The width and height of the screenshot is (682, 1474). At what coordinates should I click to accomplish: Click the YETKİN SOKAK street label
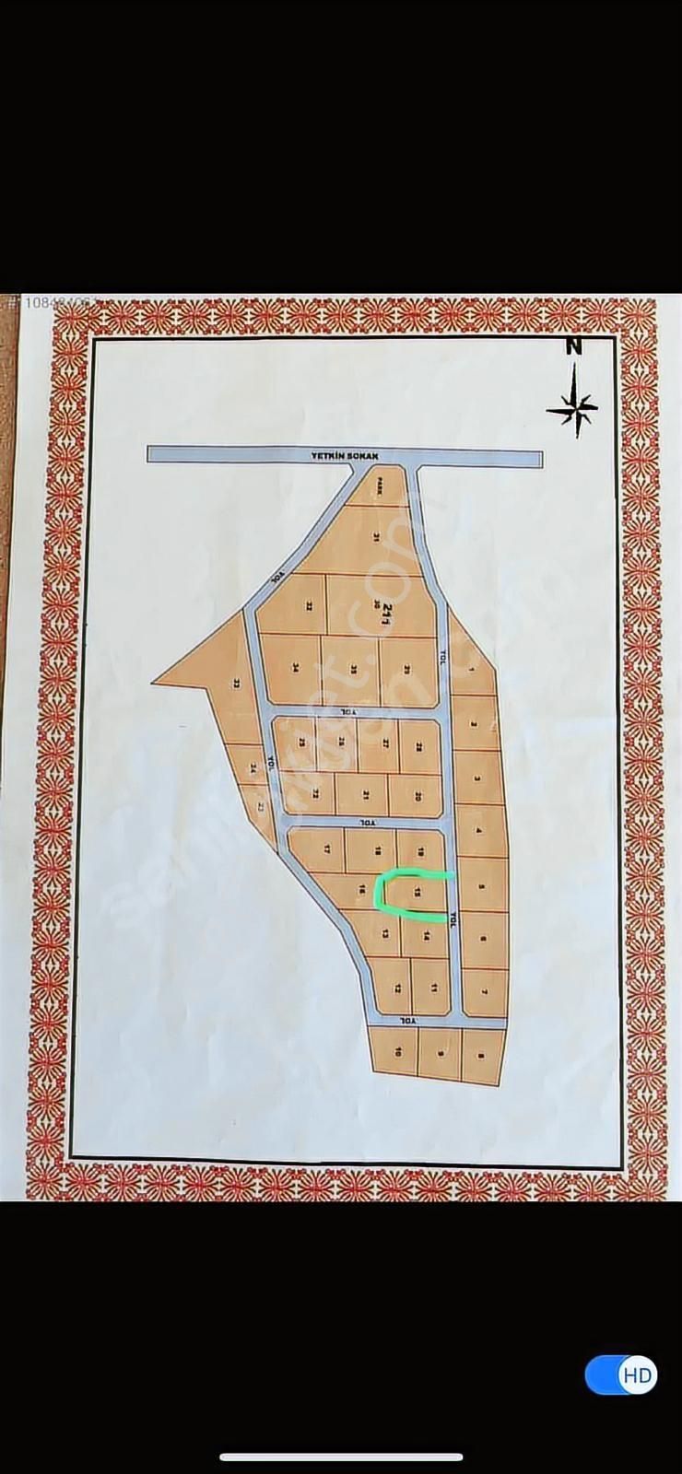(339, 455)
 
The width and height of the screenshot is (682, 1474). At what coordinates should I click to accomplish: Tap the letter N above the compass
(574, 346)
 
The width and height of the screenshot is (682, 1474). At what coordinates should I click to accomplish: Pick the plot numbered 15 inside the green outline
(417, 891)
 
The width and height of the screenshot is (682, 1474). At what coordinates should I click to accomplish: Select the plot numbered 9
(441, 1054)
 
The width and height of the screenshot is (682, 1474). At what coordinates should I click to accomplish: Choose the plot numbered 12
(397, 988)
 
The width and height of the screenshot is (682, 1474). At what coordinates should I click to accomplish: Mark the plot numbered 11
(433, 988)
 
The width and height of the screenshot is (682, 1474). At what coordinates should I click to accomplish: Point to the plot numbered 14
(427, 936)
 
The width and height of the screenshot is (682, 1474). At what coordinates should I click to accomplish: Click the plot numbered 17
(326, 848)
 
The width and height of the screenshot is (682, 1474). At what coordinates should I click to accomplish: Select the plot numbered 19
(419, 850)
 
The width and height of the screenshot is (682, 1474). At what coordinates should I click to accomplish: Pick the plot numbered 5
(481, 885)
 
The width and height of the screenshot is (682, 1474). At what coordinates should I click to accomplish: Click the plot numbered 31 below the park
(376, 536)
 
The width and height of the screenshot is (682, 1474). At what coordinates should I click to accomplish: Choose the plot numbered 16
(363, 888)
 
